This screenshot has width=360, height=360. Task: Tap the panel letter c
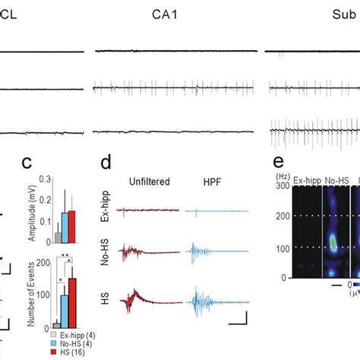[x=27, y=162]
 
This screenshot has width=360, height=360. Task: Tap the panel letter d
[x=108, y=162]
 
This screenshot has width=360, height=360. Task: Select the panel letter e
[x=278, y=162]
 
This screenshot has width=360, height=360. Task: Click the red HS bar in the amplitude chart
[x=72, y=226]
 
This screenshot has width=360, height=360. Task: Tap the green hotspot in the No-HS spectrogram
[x=333, y=244]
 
